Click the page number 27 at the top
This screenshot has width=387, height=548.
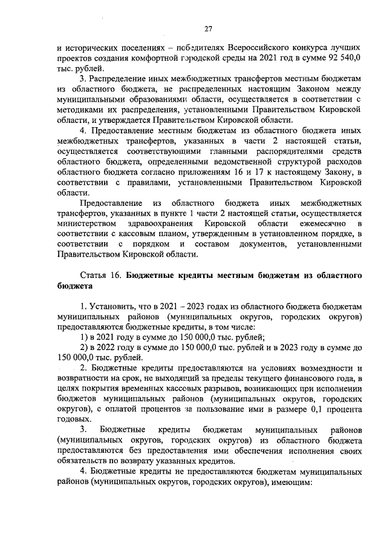207,28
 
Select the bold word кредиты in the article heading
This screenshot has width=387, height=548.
209,276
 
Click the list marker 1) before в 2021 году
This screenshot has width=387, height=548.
85,337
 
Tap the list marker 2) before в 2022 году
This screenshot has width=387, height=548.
85,347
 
